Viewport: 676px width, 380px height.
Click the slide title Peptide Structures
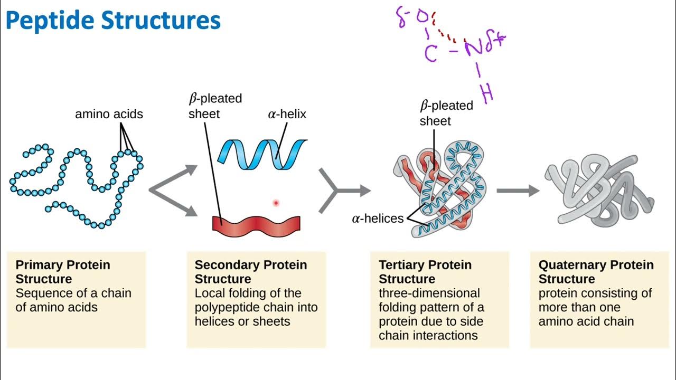[x=113, y=21]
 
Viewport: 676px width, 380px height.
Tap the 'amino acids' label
[x=109, y=114]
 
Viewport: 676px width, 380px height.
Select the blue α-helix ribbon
[x=262, y=154]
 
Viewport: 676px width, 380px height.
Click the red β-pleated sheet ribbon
[x=256, y=224]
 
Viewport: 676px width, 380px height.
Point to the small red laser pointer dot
[x=276, y=203]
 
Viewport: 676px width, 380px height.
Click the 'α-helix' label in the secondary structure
[x=287, y=114]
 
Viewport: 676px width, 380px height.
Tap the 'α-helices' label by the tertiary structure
[x=378, y=218]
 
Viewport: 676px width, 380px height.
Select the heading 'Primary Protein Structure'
[x=63, y=272]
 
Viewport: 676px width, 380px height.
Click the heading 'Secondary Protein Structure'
[x=251, y=272]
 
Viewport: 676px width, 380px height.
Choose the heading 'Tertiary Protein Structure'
[x=425, y=272]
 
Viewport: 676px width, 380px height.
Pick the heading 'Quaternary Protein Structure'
[x=596, y=272]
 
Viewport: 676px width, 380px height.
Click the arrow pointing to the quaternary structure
[x=518, y=191]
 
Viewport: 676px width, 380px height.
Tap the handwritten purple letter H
[x=487, y=93]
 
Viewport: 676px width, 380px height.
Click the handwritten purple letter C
[x=431, y=53]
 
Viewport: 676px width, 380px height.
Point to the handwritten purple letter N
[x=473, y=49]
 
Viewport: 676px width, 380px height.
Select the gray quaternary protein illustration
[x=602, y=190]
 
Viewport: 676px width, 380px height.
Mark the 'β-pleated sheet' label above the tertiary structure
[x=446, y=113]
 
